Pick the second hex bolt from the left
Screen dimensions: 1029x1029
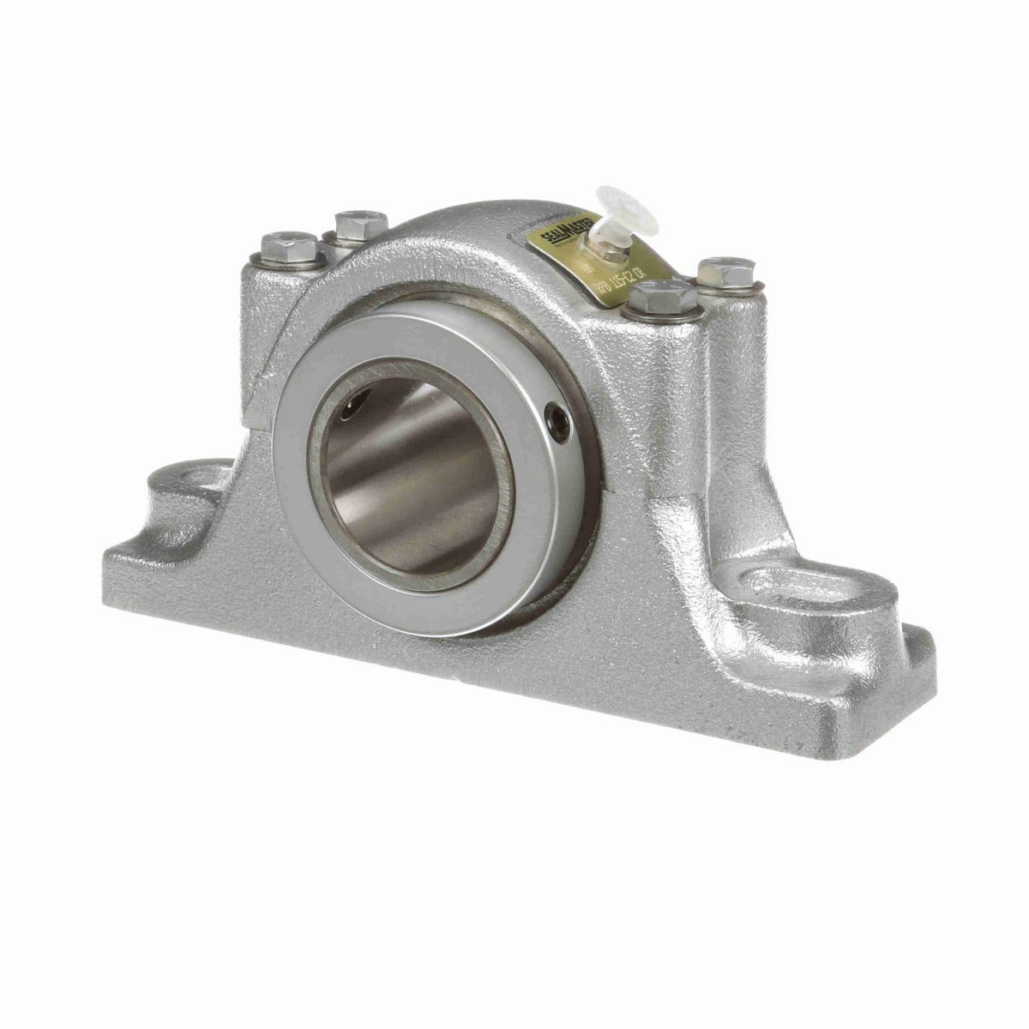pyautogui.click(x=352, y=225)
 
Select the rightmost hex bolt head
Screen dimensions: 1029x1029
pyautogui.click(x=725, y=273)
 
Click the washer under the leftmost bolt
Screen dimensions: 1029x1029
pyautogui.click(x=288, y=263)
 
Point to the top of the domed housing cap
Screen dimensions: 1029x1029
pyautogui.click(x=446, y=214)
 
